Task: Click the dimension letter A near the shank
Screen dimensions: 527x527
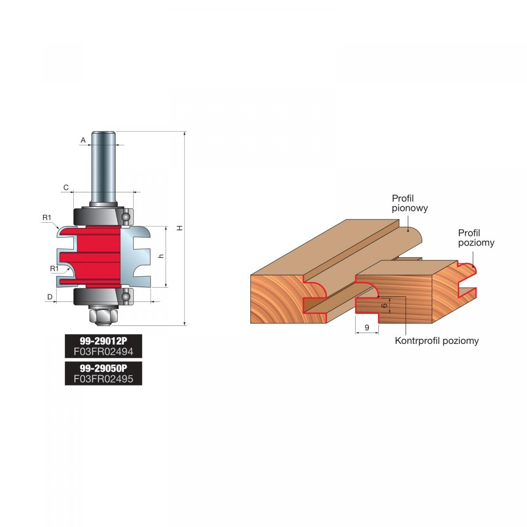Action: [x=83, y=140]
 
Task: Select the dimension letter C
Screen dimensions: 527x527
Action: [x=66, y=188]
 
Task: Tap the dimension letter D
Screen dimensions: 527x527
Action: [x=50, y=297]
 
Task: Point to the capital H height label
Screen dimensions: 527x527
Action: [x=180, y=228]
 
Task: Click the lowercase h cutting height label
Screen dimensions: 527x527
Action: [x=161, y=256]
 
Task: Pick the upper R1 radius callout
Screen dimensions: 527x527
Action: [x=47, y=217]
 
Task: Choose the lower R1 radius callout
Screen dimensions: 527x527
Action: [x=54, y=269]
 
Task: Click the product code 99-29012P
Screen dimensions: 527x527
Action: [x=103, y=341]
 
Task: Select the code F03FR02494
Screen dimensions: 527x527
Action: [x=103, y=351]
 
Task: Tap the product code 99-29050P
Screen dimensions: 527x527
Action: [x=103, y=368]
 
